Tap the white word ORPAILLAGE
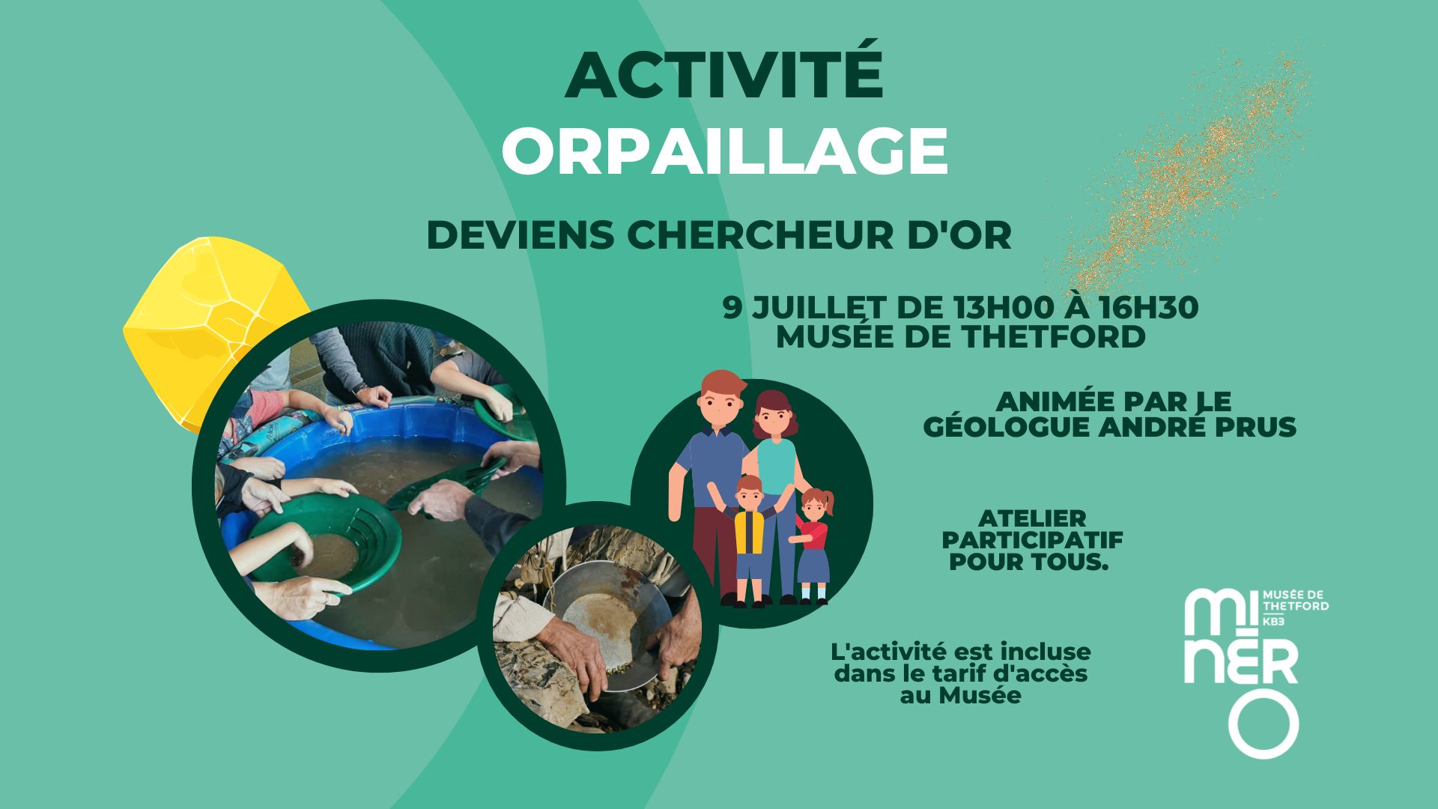click(x=724, y=151)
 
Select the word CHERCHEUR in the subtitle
click(x=760, y=235)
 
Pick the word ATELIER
click(x=1033, y=518)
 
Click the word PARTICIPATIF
click(x=1033, y=539)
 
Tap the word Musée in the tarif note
click(x=980, y=695)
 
